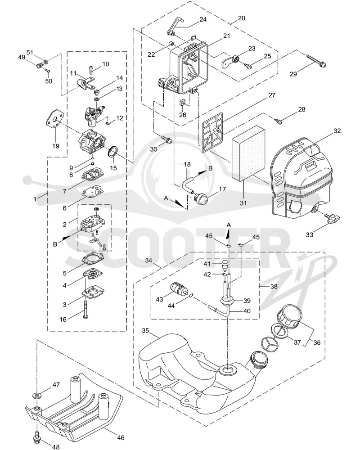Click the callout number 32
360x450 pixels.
[x=337, y=131]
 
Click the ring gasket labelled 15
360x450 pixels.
[x=112, y=152]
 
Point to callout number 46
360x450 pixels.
[x=121, y=438]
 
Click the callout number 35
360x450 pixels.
[x=145, y=330]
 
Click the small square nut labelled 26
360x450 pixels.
[x=183, y=102]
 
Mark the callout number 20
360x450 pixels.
[x=242, y=18]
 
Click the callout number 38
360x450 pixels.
[x=274, y=286]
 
